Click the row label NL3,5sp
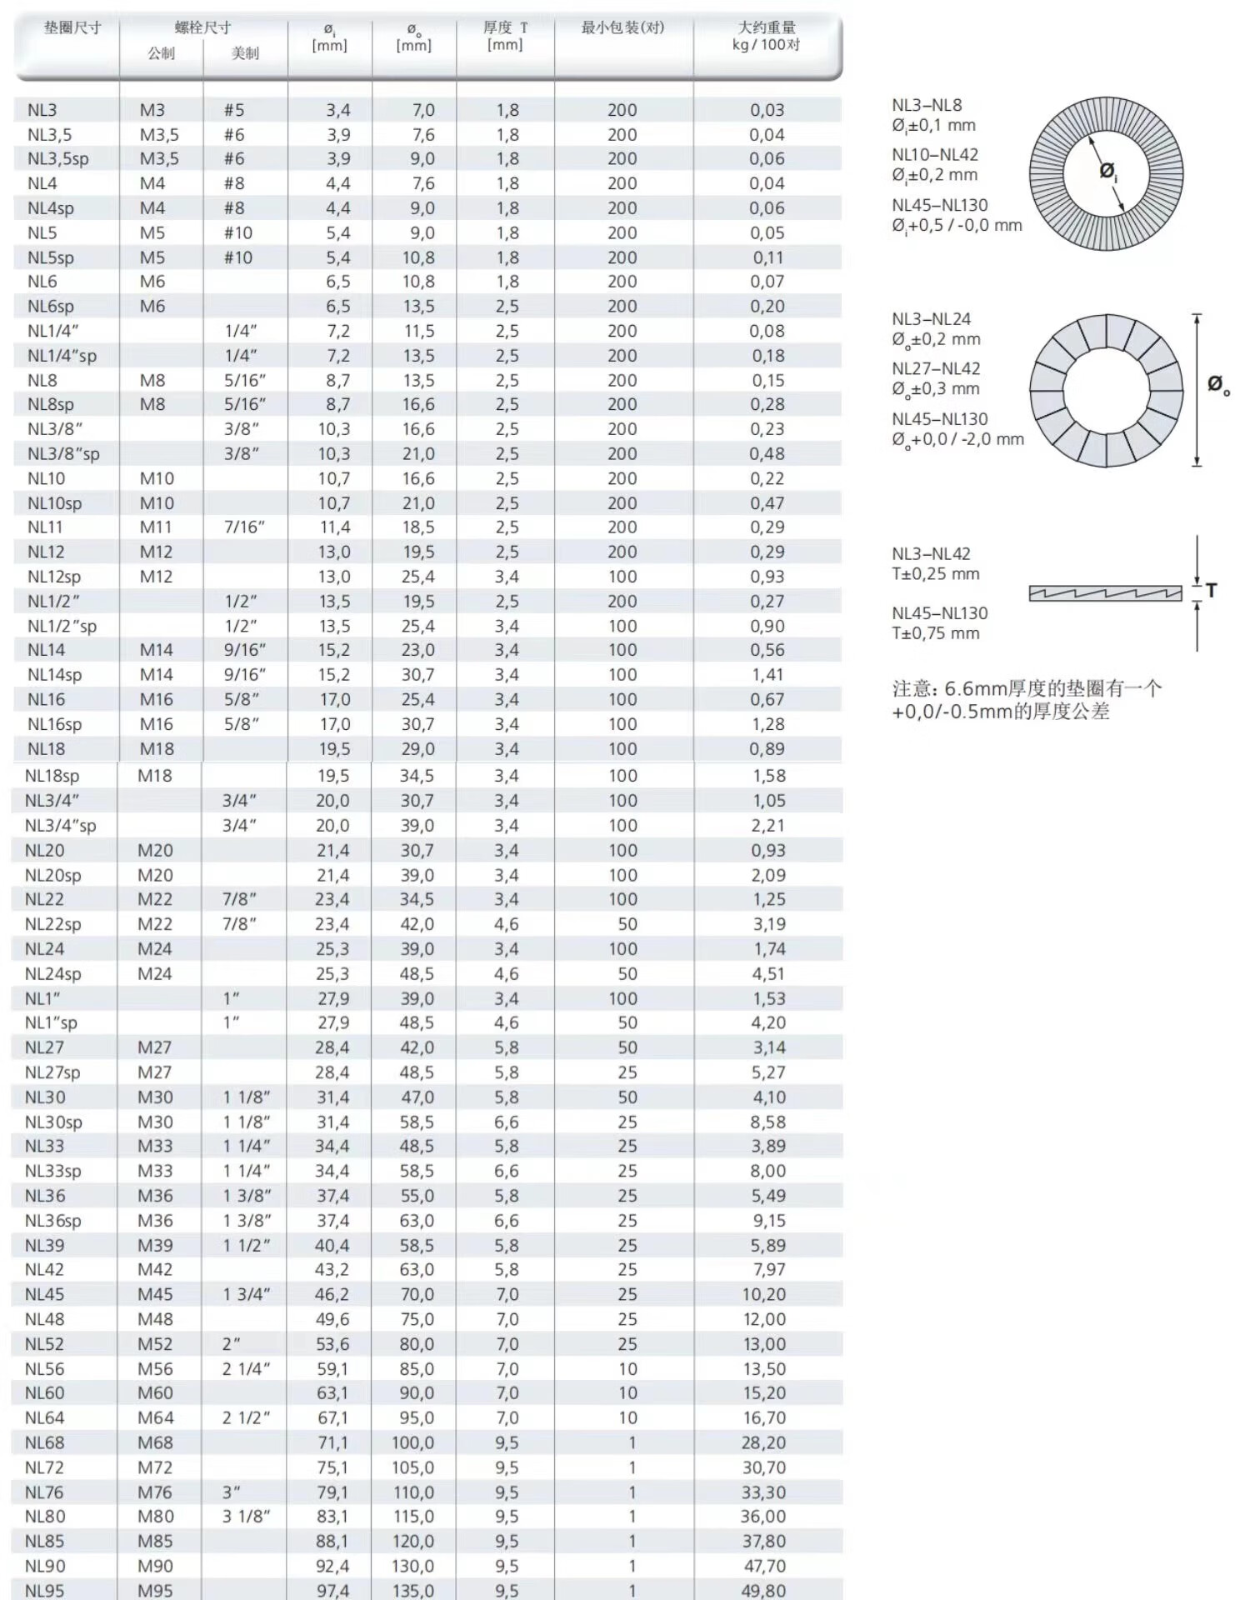coord(57,158)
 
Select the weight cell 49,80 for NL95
coord(763,1590)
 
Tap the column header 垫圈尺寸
coord(72,27)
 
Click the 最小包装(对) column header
coord(622,27)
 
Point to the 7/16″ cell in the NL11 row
coord(244,527)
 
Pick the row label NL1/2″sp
coord(62,626)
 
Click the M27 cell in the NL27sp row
coord(155,1072)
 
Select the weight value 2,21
coord(768,825)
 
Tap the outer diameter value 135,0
coord(413,1590)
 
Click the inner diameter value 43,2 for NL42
coord(332,1269)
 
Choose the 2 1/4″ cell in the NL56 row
coord(246,1368)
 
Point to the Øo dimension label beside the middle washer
coord(1217,384)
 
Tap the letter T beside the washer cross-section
coord(1211,590)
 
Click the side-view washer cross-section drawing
coord(1105,592)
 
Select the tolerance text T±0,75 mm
coord(936,633)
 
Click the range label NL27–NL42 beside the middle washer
coord(936,368)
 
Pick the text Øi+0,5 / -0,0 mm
coord(957,225)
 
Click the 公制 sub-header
coord(161,53)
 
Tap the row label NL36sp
coord(53,1220)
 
